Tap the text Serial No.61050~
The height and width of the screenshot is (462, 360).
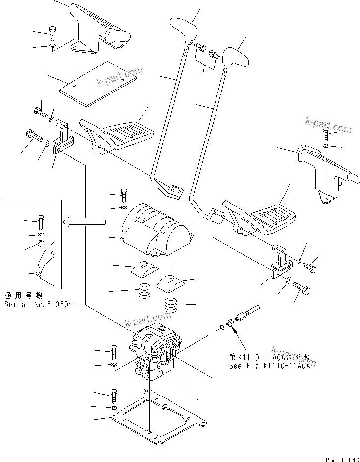coord(40,303)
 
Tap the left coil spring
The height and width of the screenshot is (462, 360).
coord(144,290)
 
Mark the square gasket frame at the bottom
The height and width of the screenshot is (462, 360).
coord(159,417)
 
